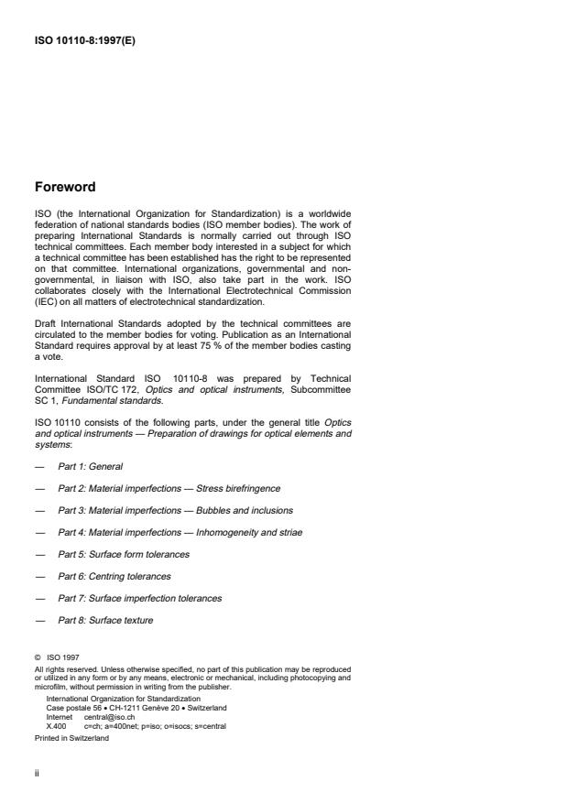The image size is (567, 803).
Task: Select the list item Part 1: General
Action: point(90,467)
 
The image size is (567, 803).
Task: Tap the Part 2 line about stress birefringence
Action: point(169,488)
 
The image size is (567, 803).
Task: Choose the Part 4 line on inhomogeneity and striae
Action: point(180,532)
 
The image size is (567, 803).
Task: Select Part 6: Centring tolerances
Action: point(114,576)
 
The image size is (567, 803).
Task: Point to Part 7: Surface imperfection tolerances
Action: point(139,598)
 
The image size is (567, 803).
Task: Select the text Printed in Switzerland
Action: point(71,737)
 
